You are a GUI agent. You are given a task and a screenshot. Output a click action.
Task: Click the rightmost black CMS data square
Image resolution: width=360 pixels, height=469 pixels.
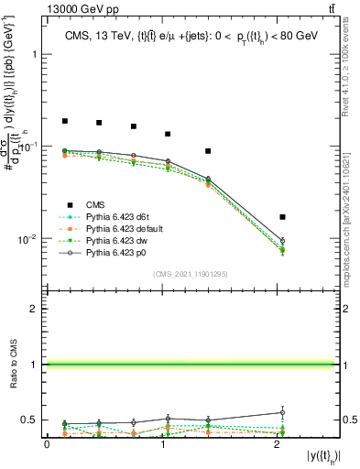(282, 217)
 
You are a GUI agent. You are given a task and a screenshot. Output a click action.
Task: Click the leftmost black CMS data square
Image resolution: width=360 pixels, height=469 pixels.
(65, 121)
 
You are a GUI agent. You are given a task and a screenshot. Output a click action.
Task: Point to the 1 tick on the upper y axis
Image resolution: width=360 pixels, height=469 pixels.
(34, 54)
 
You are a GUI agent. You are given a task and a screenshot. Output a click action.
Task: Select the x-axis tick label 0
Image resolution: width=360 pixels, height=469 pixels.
(47, 444)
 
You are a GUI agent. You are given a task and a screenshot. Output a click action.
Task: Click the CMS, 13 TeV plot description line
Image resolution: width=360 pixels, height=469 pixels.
(191, 36)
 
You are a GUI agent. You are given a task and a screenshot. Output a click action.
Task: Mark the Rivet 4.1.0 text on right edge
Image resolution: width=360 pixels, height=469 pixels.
(351, 64)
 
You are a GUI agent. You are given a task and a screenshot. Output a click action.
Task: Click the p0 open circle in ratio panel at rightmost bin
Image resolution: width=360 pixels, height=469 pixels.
(282, 412)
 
